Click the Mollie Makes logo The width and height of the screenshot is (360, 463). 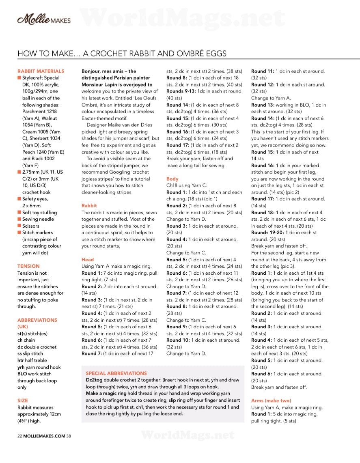(44, 19)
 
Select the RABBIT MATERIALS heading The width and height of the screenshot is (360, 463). (41, 71)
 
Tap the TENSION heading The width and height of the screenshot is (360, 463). (28, 266)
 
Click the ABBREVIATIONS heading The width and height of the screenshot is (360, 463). (37, 320)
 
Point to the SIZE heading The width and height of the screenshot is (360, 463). (23, 401)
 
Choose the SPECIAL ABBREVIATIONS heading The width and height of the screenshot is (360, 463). (116, 373)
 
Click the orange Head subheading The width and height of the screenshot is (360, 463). (88, 260)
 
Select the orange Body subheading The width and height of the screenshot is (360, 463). (172, 179)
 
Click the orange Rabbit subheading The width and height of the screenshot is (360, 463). (89, 206)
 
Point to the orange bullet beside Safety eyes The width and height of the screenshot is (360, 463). (19, 199)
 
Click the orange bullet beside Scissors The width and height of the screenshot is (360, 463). (19, 226)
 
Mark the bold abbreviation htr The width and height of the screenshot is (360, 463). (21, 360)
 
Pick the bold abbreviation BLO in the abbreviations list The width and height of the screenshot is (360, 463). (22, 374)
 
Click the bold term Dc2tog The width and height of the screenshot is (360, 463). (94, 380)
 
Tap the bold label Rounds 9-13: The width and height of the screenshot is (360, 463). (181, 91)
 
